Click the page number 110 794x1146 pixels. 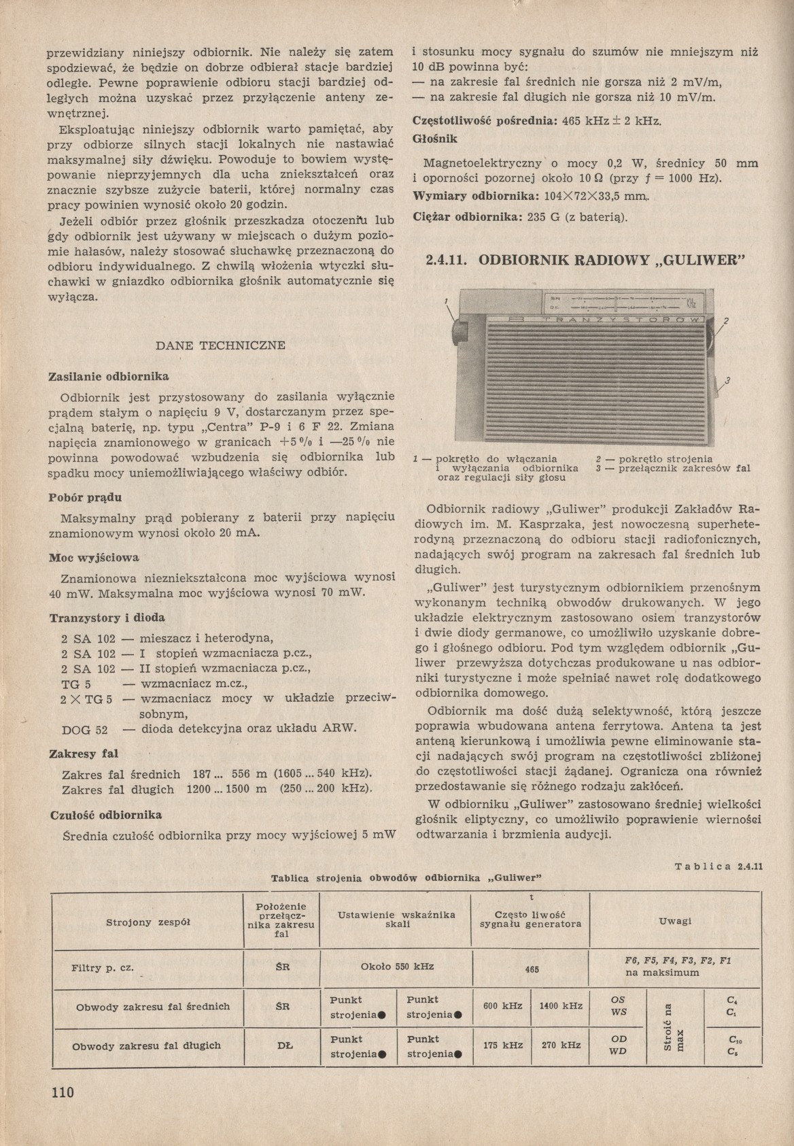61,1093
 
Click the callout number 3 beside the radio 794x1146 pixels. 727,381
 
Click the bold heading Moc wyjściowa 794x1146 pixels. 94,558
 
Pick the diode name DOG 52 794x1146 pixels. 84,729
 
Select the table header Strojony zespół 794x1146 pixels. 148,922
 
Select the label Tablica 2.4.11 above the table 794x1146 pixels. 719,866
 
